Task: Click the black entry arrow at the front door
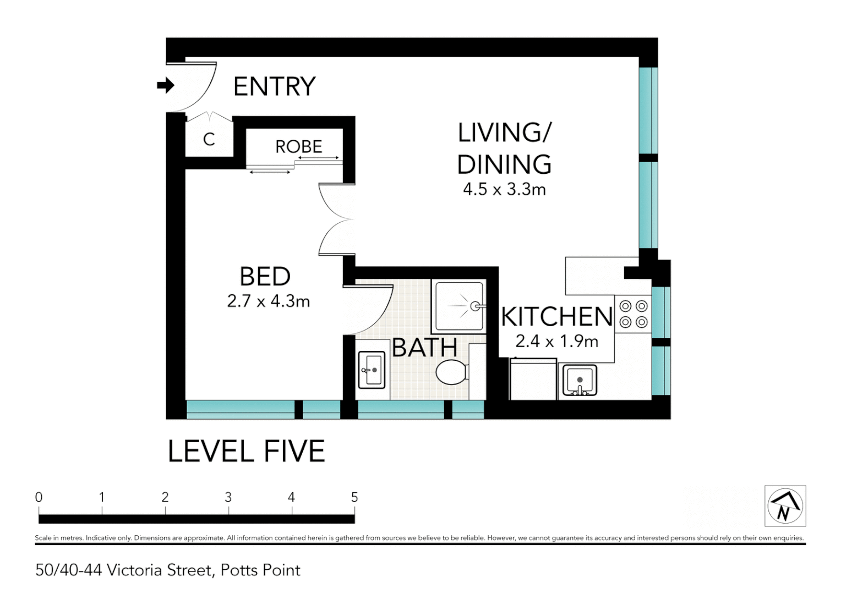[165, 85]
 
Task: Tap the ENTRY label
[274, 86]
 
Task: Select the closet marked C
[209, 139]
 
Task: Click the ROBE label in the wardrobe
[298, 147]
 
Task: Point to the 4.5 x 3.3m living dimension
[504, 189]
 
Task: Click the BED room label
[265, 276]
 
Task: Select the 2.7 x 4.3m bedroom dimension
[268, 301]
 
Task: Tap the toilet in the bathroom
[451, 372]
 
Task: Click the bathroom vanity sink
[372, 370]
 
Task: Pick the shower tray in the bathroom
[460, 306]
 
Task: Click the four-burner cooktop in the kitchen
[633, 314]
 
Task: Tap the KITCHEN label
[556, 317]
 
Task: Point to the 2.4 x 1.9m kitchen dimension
[556, 342]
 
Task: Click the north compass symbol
[785, 506]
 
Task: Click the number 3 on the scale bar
[228, 497]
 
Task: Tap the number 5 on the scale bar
[354, 497]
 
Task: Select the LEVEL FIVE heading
[246, 452]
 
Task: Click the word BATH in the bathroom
[424, 348]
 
